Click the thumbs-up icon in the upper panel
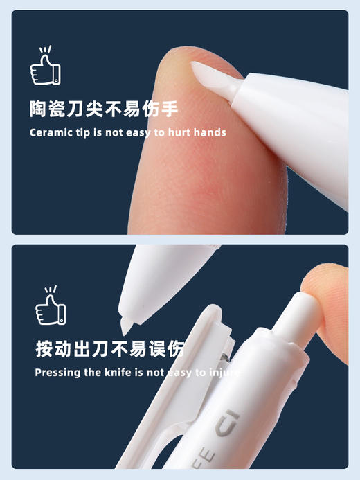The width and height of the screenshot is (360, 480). (x=45, y=67)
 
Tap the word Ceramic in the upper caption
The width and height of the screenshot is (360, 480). (x=49, y=132)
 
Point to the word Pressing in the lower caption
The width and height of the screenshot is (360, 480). (x=56, y=373)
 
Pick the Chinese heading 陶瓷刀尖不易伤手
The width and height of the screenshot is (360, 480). (x=104, y=109)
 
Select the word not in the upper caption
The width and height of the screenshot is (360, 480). (x=118, y=132)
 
